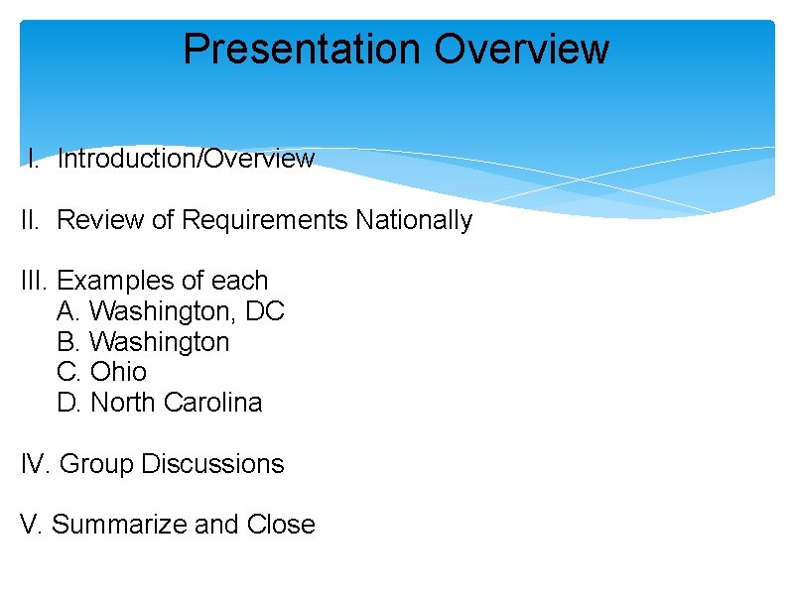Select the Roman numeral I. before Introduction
(x=34, y=159)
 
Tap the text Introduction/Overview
(x=186, y=159)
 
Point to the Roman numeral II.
(x=33, y=220)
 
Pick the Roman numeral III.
(x=36, y=281)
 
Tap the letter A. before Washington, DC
(x=69, y=311)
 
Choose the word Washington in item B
(x=160, y=342)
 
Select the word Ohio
(x=118, y=372)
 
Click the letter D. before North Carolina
(x=69, y=403)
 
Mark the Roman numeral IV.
(x=37, y=464)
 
